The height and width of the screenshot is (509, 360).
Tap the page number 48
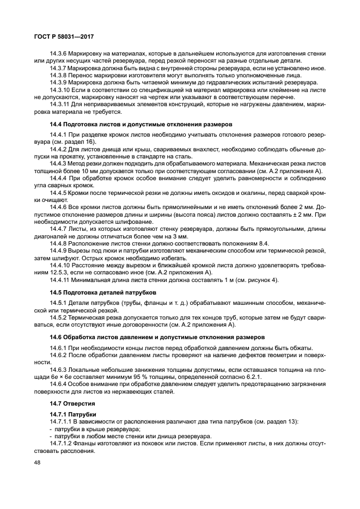38,462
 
